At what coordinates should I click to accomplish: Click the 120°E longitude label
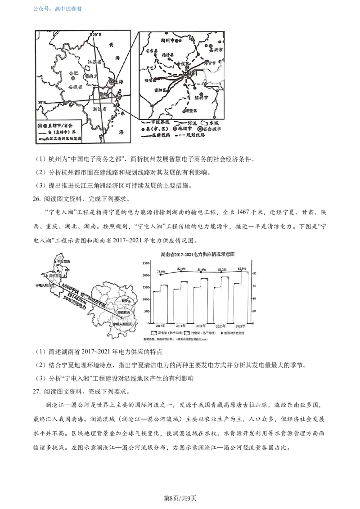coord(95,34)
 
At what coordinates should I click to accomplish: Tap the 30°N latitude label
coord(42,103)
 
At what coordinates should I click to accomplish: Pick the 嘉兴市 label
coord(216,49)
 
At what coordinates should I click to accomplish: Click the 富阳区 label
coord(161,90)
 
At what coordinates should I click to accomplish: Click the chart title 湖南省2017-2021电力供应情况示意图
coord(199,254)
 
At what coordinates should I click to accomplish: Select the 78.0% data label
coord(162,271)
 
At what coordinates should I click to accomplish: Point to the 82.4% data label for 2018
coord(181,268)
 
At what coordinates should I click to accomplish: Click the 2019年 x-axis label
coord(201,326)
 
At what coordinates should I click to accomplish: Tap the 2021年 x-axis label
coord(241,326)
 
